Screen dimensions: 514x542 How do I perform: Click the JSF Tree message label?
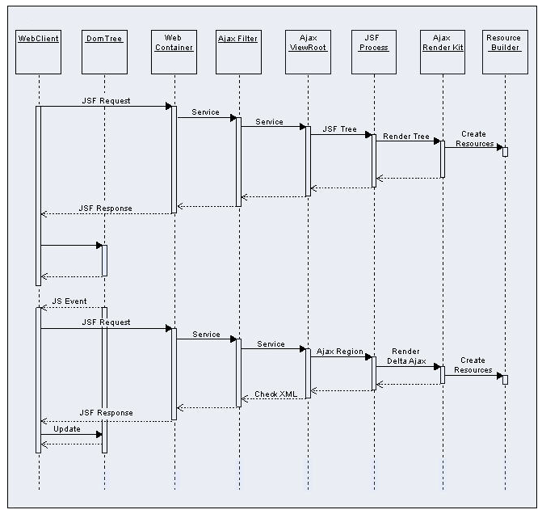339,128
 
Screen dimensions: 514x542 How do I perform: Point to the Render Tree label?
406,136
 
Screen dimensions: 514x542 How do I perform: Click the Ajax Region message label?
340,351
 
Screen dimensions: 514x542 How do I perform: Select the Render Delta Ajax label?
406,356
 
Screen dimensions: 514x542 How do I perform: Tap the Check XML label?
276,394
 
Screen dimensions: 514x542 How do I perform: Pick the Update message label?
67,429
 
